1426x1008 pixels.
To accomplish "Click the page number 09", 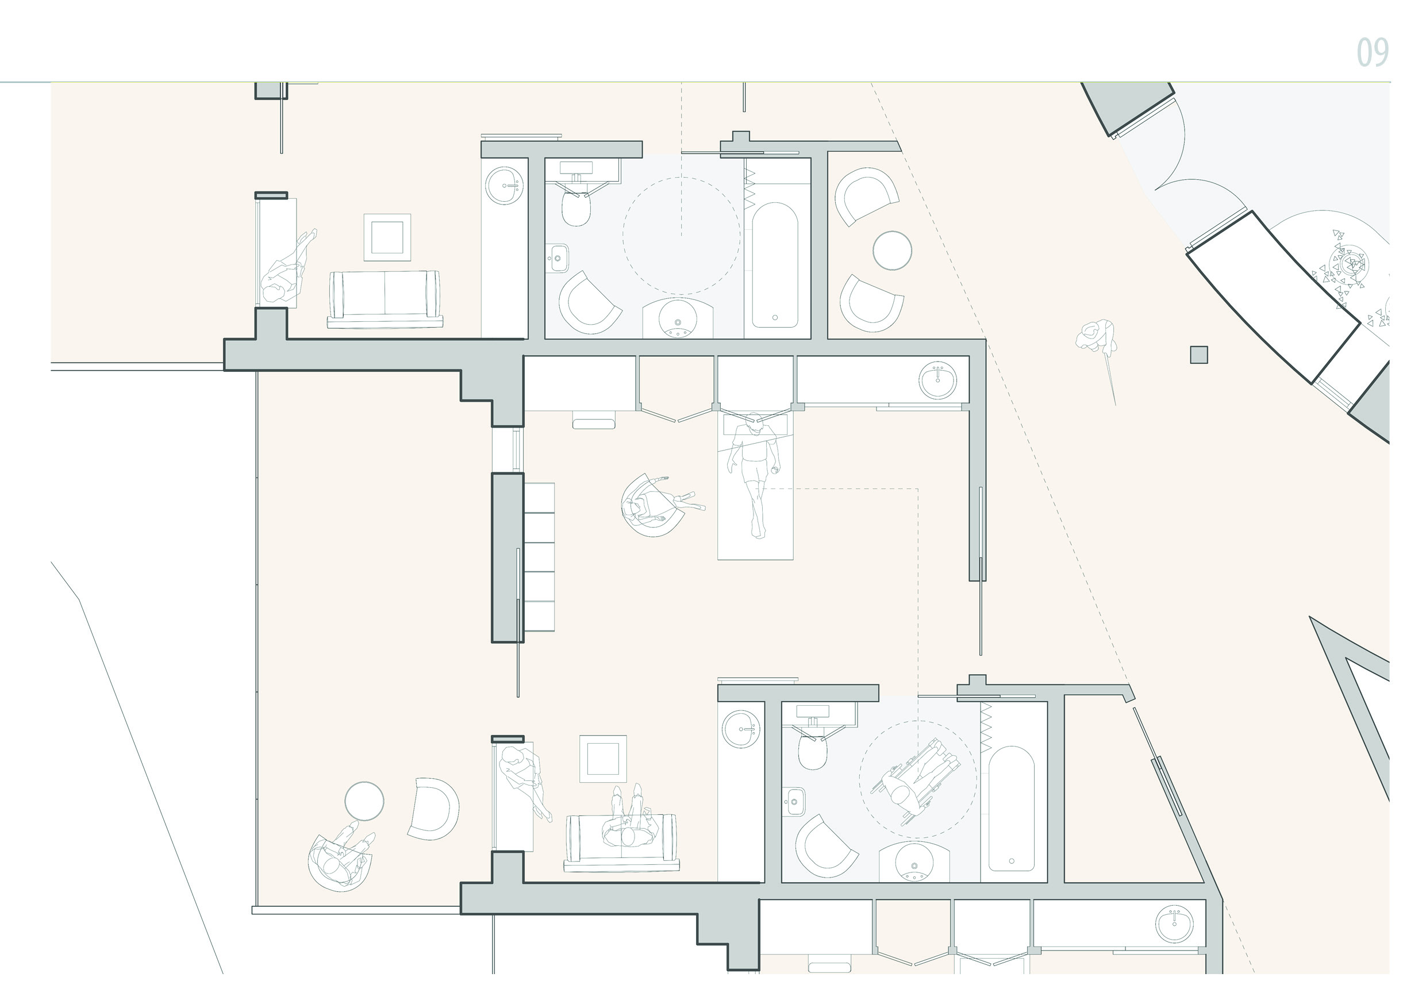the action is (1372, 52).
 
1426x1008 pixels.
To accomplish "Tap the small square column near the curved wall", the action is (1199, 355).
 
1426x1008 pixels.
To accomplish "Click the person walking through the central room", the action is (754, 474).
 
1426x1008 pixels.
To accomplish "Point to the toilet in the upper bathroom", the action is (576, 206).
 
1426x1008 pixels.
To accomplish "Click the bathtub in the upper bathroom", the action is (775, 264).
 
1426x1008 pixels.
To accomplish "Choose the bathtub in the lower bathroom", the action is (1011, 809).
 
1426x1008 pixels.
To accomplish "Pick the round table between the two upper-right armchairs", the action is (892, 251).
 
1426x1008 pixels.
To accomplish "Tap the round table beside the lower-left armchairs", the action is (364, 801).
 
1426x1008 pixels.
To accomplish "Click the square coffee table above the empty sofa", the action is (387, 237).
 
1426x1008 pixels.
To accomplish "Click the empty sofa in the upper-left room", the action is (385, 299).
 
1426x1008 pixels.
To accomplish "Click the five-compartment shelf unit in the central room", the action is (539, 557).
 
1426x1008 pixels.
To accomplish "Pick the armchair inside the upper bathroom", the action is (589, 303).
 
